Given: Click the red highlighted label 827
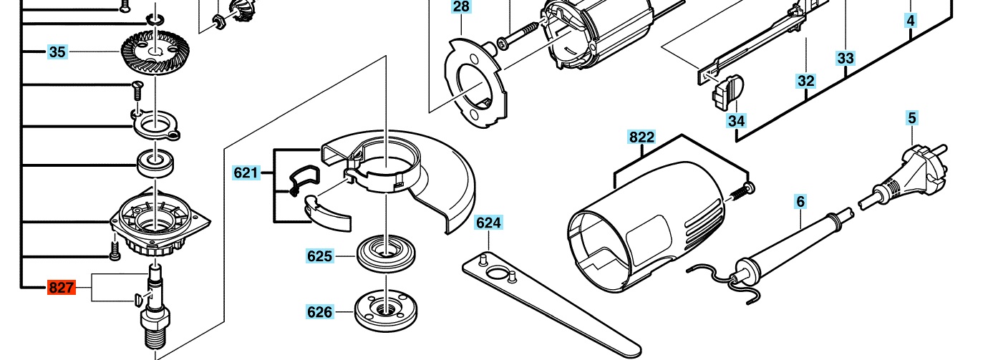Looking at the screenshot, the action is [x=62, y=288].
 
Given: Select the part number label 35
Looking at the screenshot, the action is [x=57, y=52].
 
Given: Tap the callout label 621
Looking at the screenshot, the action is [x=246, y=172].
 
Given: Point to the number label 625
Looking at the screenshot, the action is [x=320, y=256].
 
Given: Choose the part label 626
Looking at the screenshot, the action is [x=320, y=312].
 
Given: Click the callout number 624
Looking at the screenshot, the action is [x=489, y=223].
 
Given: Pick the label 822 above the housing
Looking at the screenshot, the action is [x=641, y=137].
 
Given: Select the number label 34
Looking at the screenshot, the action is [x=737, y=121].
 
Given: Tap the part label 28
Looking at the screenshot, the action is [x=461, y=6].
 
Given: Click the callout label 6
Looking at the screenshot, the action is [x=800, y=201].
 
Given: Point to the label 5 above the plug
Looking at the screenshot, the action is [x=912, y=118].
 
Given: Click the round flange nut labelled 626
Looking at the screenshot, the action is [x=386, y=310].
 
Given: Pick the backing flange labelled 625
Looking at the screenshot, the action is [x=387, y=253].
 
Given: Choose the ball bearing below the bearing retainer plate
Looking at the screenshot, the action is [x=155, y=163].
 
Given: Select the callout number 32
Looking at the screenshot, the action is [x=806, y=81].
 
